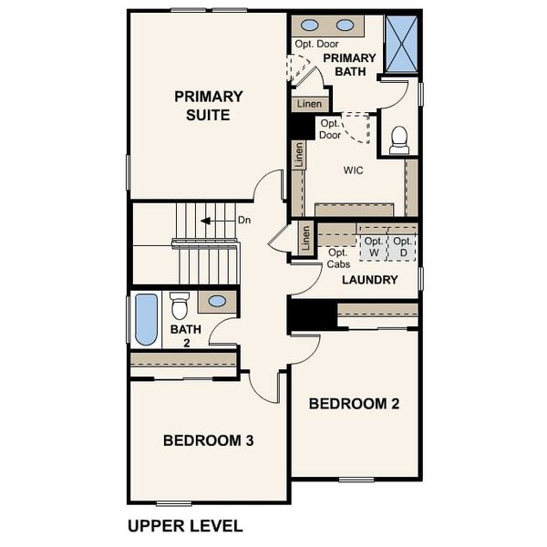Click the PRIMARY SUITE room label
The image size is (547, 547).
[x=208, y=106]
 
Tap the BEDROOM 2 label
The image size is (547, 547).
[x=353, y=403]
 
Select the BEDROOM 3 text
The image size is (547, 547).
[x=208, y=440]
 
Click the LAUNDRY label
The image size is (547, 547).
[x=369, y=280]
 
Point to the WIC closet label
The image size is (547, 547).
[x=354, y=170]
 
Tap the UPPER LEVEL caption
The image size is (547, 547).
[x=185, y=525]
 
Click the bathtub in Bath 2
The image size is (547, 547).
[x=146, y=319]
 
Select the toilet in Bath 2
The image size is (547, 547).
[x=180, y=304]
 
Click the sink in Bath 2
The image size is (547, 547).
[x=218, y=301]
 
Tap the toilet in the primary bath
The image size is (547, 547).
[x=398, y=139]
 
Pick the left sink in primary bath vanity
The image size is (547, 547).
[x=311, y=26]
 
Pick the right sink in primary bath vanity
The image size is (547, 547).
[x=346, y=26]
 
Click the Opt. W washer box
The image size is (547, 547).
[x=373, y=246]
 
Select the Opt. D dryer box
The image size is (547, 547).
[x=402, y=246]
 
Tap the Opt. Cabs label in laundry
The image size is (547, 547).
[x=337, y=258]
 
